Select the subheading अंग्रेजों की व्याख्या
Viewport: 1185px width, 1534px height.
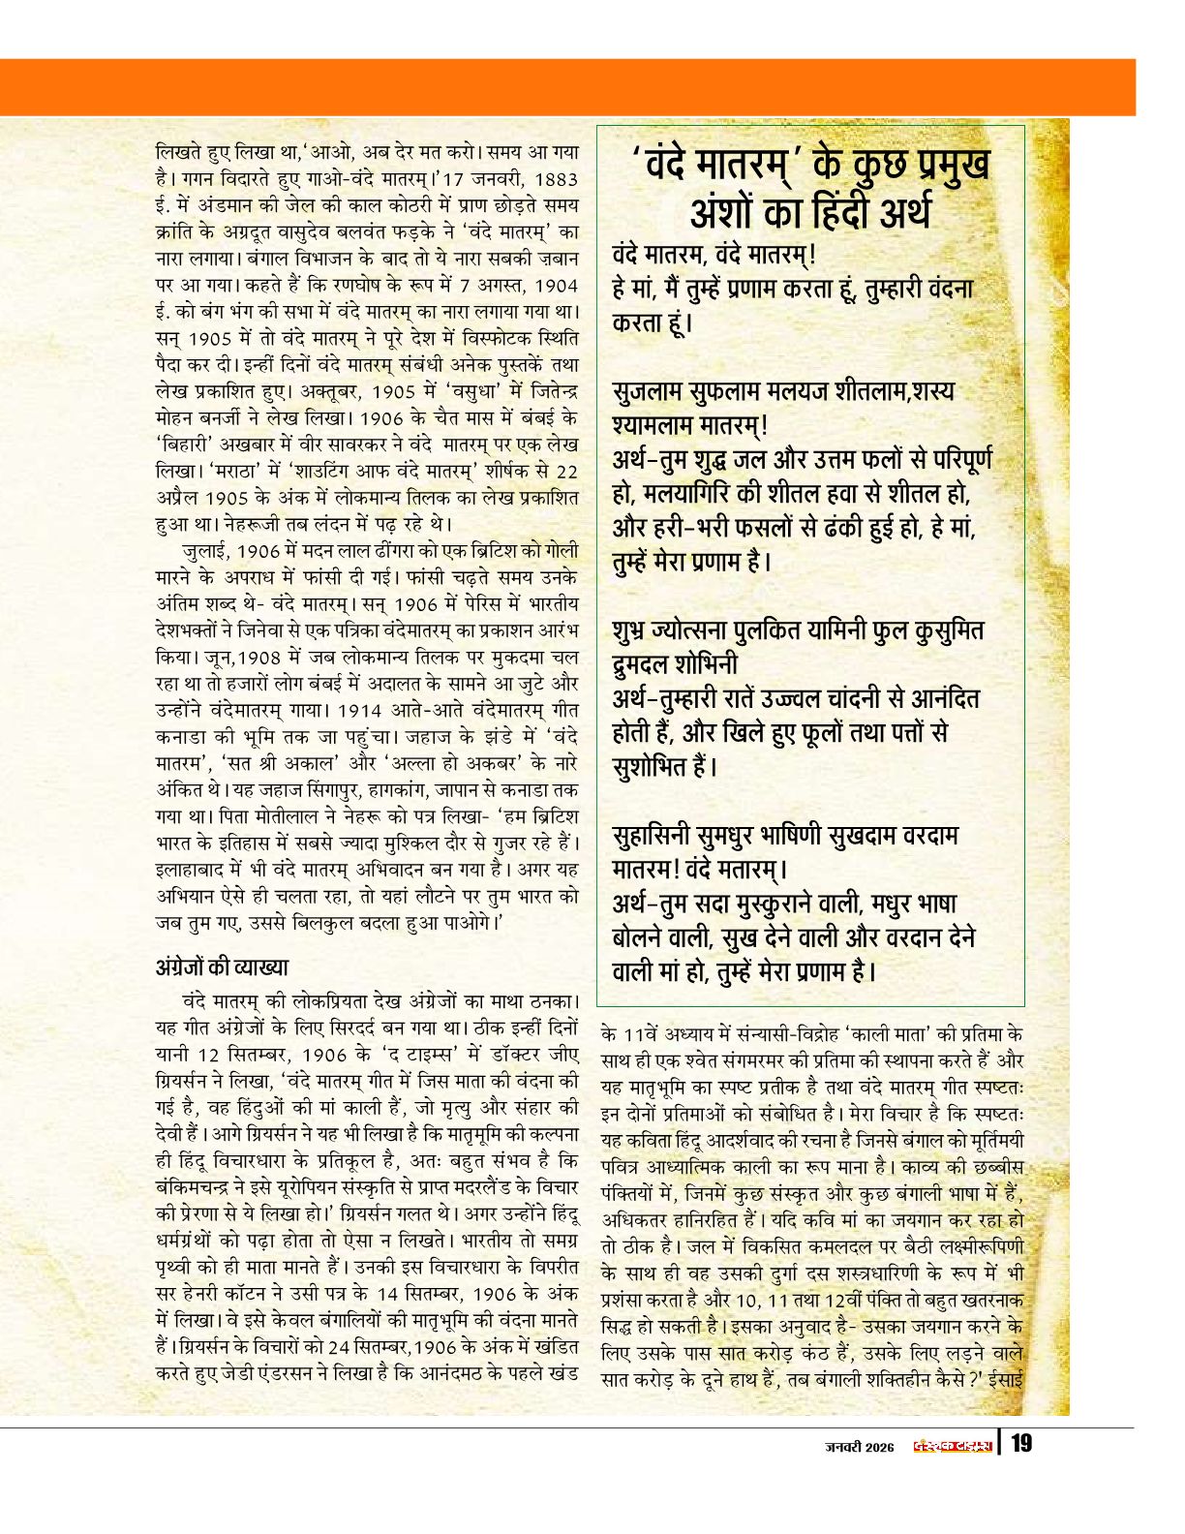[x=222, y=967]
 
